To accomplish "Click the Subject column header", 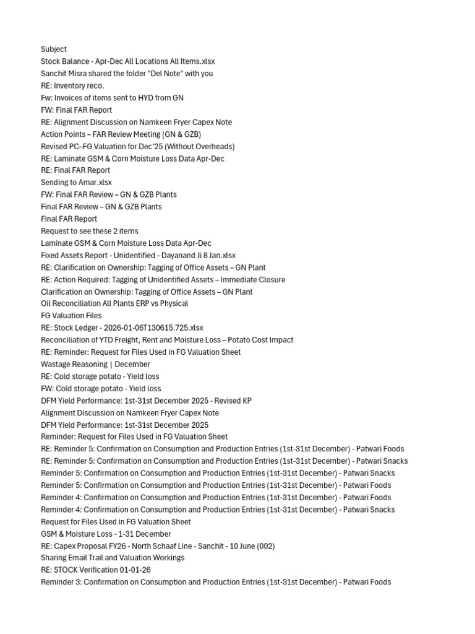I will tap(54, 50).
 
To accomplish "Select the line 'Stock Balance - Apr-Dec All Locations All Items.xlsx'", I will tap(128, 61).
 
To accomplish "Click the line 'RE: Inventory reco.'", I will tap(72, 85).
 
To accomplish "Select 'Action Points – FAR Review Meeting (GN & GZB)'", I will tap(121, 134).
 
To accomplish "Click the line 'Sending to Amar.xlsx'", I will tap(76, 183).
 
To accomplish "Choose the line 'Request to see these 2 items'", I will tap(90, 231).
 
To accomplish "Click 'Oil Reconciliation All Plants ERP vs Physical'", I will tap(114, 303).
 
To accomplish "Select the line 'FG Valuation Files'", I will tap(71, 316).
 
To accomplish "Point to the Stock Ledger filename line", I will tap(122, 328).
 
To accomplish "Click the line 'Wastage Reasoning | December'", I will tap(95, 364).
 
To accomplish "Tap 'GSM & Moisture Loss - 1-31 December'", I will tap(106, 534).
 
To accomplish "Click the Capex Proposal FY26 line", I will tap(158, 546).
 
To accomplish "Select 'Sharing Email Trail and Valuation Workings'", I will tap(113, 558).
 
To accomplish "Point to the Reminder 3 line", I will tap(216, 582).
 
